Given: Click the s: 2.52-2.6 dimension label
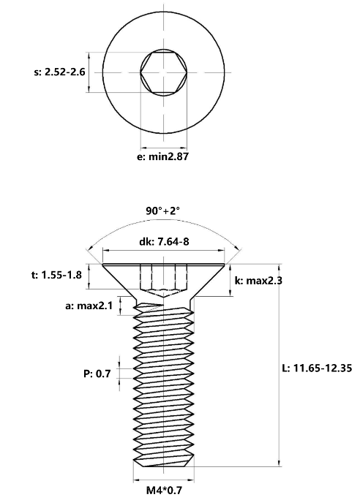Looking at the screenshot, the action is point(60,72).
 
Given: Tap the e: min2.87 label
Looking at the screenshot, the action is point(162,156).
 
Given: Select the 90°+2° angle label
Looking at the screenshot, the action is point(162,211).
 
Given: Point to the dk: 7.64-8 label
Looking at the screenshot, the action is point(164,241).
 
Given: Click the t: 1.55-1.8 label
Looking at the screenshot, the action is point(57,275).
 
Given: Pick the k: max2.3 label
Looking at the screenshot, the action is point(258,281).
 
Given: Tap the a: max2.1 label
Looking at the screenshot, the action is point(89,306).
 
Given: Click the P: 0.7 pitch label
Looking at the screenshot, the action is point(97,374).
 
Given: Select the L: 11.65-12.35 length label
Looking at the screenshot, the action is point(317,368).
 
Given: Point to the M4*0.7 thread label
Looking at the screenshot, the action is point(165,490).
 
